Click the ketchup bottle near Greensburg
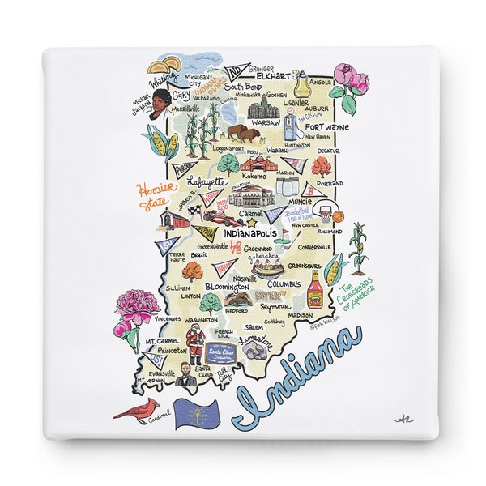(315, 288)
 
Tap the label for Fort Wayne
(327, 127)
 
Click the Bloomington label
(226, 287)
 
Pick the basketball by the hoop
(337, 216)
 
